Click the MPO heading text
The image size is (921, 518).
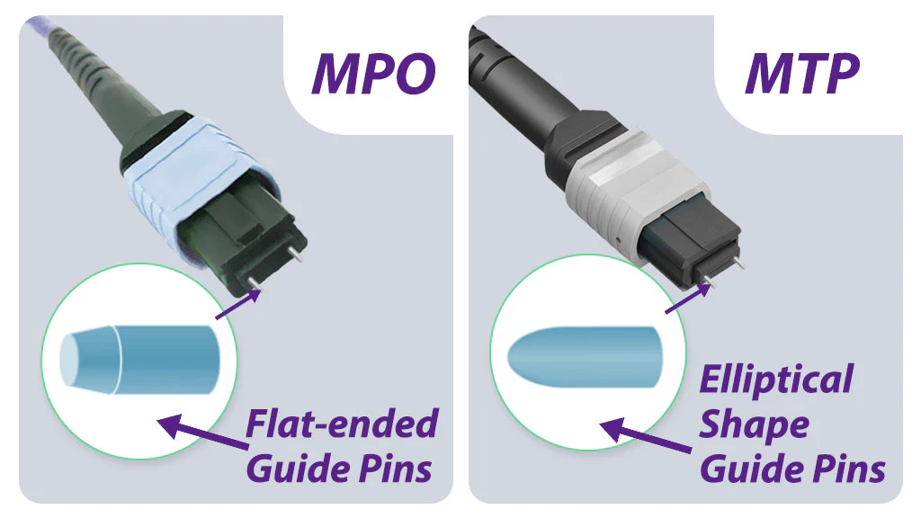(x=373, y=74)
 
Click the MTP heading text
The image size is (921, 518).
(x=802, y=74)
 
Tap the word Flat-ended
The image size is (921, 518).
(x=342, y=424)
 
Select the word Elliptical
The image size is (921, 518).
(x=776, y=379)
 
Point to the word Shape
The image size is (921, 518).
(x=755, y=425)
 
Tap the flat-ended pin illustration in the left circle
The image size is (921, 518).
(x=139, y=360)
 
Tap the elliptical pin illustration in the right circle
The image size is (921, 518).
(x=585, y=357)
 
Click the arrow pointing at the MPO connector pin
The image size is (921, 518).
(x=237, y=304)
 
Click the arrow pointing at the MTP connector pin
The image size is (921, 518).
(x=688, y=299)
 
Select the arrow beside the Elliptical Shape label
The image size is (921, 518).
(x=646, y=435)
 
